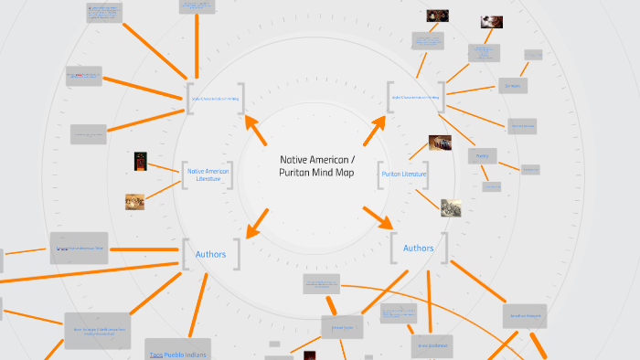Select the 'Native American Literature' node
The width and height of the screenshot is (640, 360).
tap(208, 174)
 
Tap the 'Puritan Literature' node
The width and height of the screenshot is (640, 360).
tap(403, 174)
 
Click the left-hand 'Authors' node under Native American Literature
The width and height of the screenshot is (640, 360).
tap(210, 253)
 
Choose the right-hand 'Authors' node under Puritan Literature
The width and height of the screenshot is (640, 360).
tap(419, 248)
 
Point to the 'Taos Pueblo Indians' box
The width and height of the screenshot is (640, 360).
tap(177, 352)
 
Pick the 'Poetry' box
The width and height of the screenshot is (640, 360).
tap(483, 156)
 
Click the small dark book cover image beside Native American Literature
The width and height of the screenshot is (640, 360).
tap(141, 161)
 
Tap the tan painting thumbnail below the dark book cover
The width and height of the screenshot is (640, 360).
tap(135, 201)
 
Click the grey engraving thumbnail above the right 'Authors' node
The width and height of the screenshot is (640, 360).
tap(451, 207)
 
